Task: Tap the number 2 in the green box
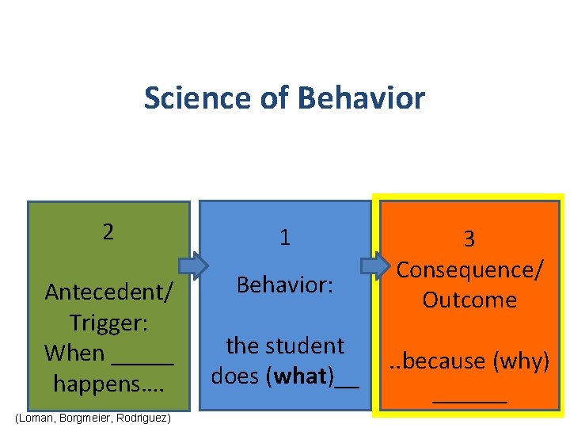tap(108, 231)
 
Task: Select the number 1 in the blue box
tap(284, 236)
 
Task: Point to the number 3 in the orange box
tap(469, 239)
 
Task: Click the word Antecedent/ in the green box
tap(108, 292)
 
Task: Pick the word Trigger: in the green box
tap(108, 323)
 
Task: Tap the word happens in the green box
tap(100, 384)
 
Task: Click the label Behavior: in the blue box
tap(284, 285)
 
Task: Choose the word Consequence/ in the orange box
tap(469, 269)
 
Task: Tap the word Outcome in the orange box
tap(469, 300)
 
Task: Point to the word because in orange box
tap(443, 361)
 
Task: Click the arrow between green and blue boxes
tap(194, 264)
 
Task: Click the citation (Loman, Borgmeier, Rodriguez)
tap(92, 417)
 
